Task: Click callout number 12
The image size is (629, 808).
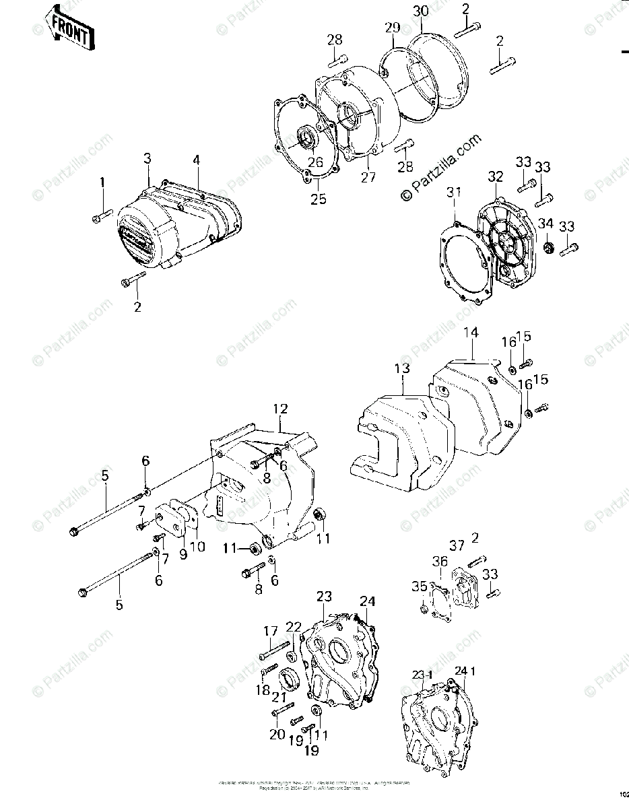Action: (280, 409)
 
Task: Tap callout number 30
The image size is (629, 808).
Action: (421, 12)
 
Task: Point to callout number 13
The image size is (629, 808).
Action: (402, 368)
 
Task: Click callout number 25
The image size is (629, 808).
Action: (317, 199)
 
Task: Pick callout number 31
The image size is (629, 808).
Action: (455, 193)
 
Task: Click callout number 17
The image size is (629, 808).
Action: (270, 631)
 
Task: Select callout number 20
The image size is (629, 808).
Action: (277, 735)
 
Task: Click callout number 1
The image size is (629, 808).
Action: (103, 182)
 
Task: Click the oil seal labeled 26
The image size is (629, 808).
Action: (308, 140)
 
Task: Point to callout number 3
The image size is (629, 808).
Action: (147, 158)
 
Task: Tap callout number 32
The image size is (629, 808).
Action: (496, 177)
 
